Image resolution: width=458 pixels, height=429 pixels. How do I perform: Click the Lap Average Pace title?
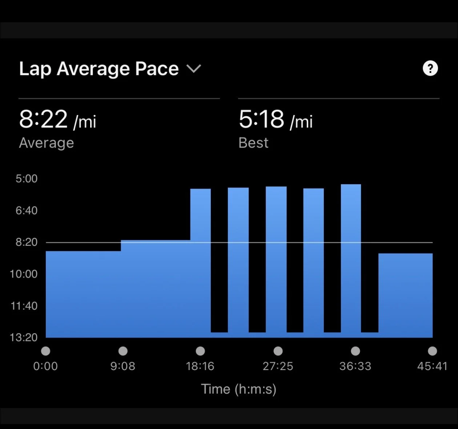point(99,68)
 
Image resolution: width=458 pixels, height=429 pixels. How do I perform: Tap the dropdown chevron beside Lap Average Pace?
point(193,68)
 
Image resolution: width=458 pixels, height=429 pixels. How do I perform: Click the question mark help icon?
point(430,68)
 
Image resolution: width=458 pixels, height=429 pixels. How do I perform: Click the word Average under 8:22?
point(47,143)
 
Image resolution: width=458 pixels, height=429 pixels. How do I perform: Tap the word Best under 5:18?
point(253,143)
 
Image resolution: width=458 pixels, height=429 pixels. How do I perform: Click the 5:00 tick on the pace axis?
point(27,178)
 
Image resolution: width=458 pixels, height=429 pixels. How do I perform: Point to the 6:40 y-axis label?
point(27,210)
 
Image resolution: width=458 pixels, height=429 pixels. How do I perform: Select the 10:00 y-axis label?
point(24,274)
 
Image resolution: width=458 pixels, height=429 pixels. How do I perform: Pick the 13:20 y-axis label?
point(24,337)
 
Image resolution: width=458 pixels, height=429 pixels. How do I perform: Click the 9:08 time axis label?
point(123,366)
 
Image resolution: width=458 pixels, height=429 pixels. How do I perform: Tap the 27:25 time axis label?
point(278,366)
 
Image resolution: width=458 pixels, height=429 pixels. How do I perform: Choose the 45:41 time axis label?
point(432,366)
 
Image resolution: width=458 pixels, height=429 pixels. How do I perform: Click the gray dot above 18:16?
point(200,351)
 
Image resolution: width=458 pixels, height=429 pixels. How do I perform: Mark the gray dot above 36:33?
point(355,351)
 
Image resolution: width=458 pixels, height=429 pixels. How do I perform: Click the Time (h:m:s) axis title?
point(239,389)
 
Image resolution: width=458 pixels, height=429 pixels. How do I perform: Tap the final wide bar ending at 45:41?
point(405,295)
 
